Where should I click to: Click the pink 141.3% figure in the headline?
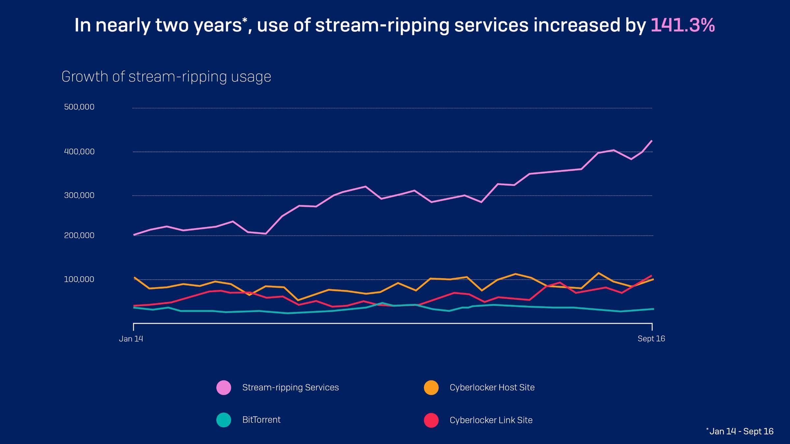(682, 25)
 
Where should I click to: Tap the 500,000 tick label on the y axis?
(79, 107)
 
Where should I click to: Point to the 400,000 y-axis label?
(79, 152)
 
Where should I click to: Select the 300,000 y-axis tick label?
(79, 195)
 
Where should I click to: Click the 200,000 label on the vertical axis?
(79, 235)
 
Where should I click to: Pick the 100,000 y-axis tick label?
(79, 279)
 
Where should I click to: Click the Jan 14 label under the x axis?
(131, 339)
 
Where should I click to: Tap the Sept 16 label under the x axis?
(651, 339)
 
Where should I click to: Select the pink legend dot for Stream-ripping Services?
(224, 387)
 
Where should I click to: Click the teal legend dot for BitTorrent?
(224, 420)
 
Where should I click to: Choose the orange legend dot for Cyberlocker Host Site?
(431, 387)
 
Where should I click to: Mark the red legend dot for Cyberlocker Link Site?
(431, 420)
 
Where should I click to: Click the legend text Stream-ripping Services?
(290, 387)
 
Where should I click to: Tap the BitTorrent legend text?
(261, 420)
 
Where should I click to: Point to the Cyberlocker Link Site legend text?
(491, 420)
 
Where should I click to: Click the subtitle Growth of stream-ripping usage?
(166, 77)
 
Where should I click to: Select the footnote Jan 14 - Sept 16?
(741, 432)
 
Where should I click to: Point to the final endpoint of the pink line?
(652, 141)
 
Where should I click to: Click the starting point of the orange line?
(134, 278)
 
